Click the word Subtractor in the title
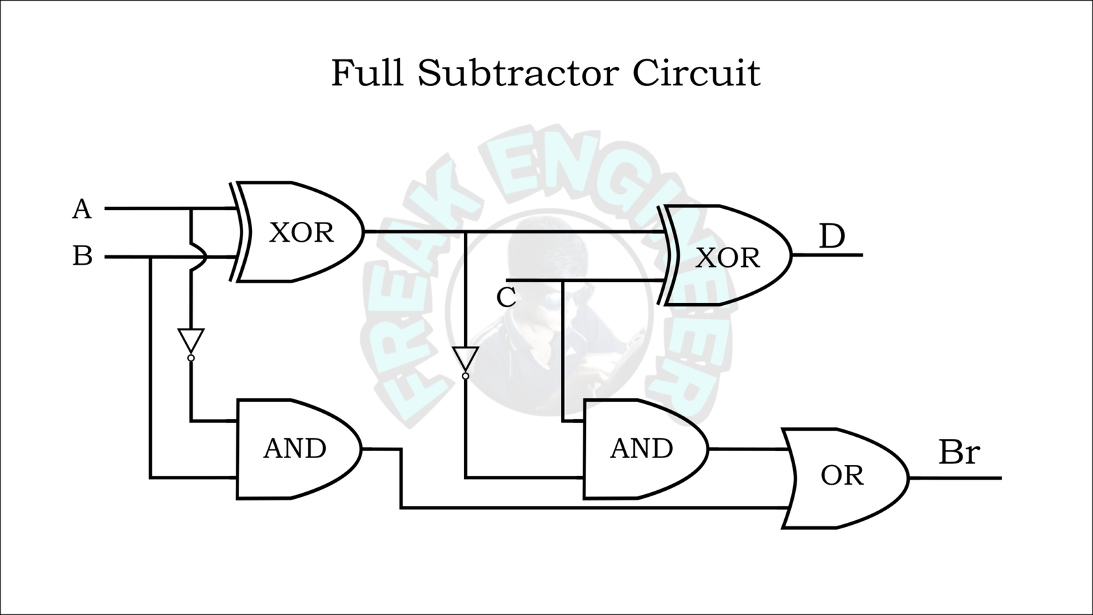coord(518,73)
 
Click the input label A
coord(81,209)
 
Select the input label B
coord(82,257)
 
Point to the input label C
coord(506,298)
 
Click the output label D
coord(831,237)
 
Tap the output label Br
coord(958,452)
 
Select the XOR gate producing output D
coord(726,257)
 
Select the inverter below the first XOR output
coord(465,358)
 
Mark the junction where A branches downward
coord(191,209)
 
